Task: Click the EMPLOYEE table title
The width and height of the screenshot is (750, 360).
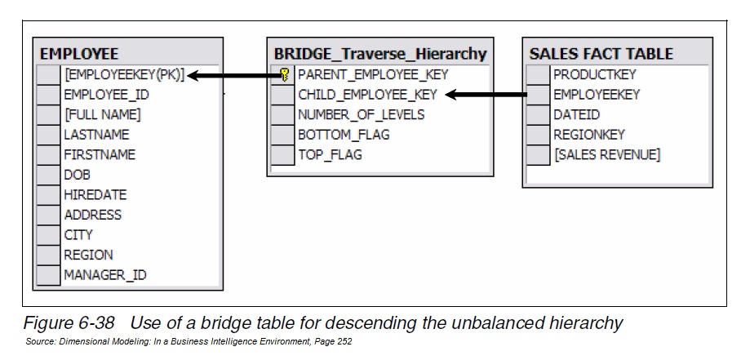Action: tap(79, 55)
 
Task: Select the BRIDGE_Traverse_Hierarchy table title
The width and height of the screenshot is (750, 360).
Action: tap(380, 55)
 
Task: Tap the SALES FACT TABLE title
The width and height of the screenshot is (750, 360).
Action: tap(601, 55)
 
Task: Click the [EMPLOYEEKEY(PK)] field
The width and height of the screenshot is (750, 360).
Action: tap(124, 75)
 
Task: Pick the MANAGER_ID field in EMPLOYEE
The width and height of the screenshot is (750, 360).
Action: tap(105, 275)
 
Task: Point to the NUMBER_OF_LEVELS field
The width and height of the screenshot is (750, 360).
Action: tap(361, 114)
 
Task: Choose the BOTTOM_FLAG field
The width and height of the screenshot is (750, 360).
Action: tap(344, 135)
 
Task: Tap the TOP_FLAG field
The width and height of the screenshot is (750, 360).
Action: tap(330, 154)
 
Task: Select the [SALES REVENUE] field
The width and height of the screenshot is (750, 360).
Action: tap(606, 154)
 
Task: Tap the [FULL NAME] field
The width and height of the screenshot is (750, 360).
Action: tap(102, 114)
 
